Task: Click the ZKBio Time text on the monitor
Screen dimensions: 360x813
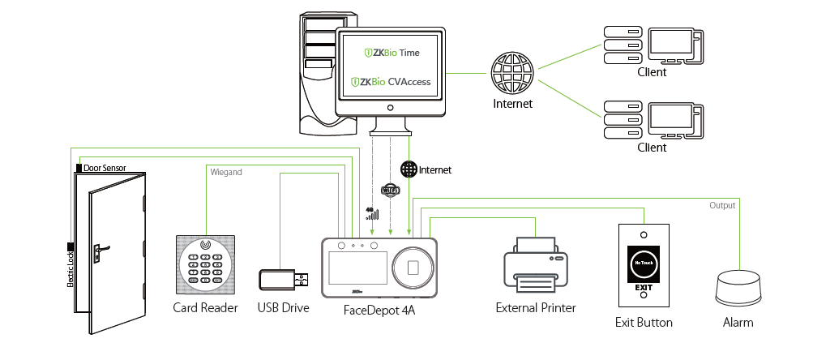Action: (392, 53)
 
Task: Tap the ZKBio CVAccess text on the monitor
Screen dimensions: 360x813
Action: (392, 82)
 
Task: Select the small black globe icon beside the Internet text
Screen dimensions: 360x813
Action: (409, 169)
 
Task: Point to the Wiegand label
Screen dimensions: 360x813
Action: (226, 172)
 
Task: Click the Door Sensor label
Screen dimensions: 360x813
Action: (104, 167)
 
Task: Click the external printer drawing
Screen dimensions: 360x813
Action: (536, 268)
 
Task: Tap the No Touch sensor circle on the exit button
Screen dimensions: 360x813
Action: (643, 264)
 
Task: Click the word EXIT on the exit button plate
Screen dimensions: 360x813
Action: (643, 287)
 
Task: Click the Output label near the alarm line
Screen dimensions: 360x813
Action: (721, 205)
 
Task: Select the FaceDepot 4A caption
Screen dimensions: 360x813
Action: (379, 308)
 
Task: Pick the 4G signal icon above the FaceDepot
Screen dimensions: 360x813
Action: (371, 214)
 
